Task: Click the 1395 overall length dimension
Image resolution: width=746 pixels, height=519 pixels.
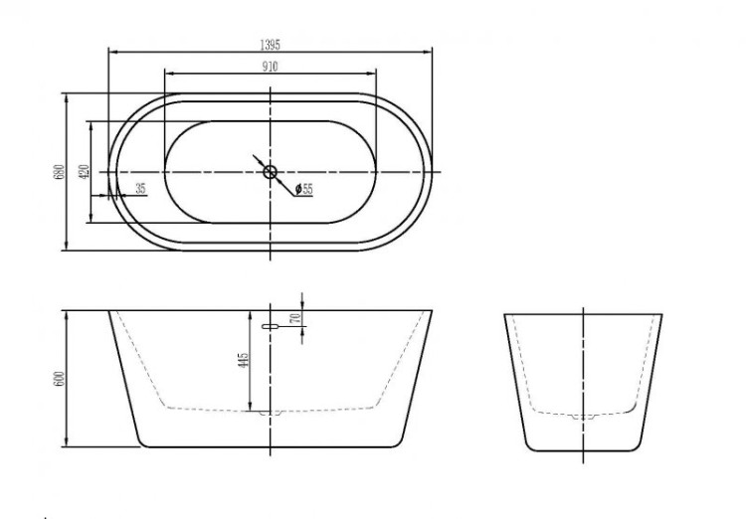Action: (x=271, y=44)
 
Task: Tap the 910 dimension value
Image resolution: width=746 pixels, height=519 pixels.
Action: (x=271, y=67)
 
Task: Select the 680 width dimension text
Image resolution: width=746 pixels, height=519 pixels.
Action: (x=59, y=172)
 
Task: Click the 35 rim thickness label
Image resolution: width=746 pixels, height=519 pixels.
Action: (x=139, y=188)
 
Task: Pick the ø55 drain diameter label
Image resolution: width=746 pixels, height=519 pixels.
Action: (x=304, y=189)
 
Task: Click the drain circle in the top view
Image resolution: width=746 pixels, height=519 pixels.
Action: (x=270, y=172)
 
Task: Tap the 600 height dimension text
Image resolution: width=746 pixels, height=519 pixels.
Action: (x=59, y=379)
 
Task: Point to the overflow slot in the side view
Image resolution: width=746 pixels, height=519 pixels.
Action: (x=270, y=325)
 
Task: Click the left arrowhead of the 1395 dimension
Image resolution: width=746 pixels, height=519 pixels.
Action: (x=109, y=51)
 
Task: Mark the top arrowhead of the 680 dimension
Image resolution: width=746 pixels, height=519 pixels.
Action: (x=66, y=96)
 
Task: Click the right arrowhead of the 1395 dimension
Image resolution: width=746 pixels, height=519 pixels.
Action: (x=431, y=51)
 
